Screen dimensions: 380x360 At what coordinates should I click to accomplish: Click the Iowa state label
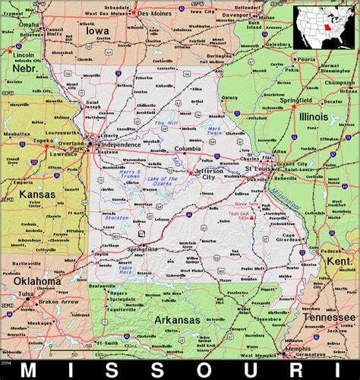(x=96, y=31)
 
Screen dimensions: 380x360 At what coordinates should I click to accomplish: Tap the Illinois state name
(x=313, y=117)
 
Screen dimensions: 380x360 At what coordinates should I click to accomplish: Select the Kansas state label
(x=36, y=194)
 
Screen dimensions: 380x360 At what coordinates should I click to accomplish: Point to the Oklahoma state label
(x=36, y=280)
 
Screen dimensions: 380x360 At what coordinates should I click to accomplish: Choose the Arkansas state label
(x=178, y=320)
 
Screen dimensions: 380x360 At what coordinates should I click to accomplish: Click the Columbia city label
(x=188, y=149)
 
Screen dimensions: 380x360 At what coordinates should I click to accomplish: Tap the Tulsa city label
(x=27, y=293)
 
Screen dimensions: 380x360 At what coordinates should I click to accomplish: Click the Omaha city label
(x=29, y=24)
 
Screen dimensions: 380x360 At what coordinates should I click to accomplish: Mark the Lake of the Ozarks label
(x=162, y=179)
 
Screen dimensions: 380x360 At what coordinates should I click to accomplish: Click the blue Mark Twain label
(x=214, y=130)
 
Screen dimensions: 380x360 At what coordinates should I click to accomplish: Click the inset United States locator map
(x=325, y=27)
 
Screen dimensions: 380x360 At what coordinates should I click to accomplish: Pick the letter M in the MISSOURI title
(x=29, y=370)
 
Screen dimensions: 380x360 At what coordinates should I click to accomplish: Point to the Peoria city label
(x=305, y=59)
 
